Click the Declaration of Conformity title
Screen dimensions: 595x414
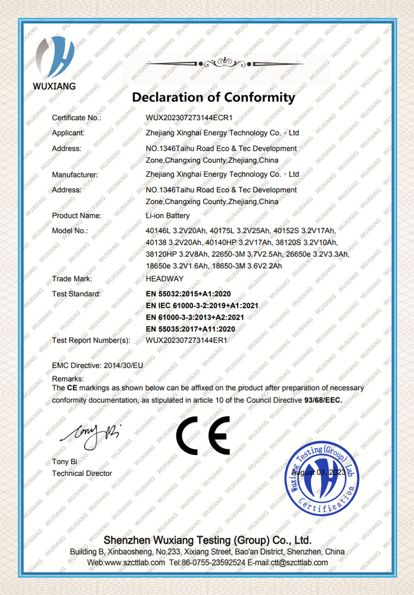pyautogui.click(x=213, y=97)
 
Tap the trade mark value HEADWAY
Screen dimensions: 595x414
pyautogui.click(x=165, y=278)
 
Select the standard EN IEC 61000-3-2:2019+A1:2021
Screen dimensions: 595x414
pyautogui.click(x=202, y=305)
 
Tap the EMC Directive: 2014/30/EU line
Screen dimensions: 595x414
pyautogui.click(x=98, y=364)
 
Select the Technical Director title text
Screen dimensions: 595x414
pyautogui.click(x=82, y=473)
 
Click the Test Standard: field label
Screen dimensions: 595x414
pyautogui.click(x=76, y=294)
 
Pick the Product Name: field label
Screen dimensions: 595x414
pyautogui.click(x=77, y=215)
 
